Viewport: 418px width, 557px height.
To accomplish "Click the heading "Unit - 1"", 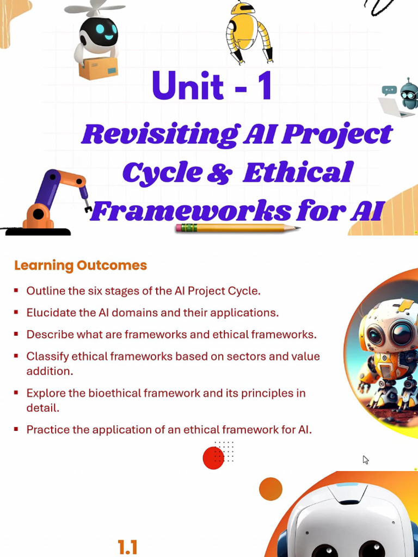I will click(x=212, y=86).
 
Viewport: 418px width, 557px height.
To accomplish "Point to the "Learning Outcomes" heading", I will click(x=81, y=265).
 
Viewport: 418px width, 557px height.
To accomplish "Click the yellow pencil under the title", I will click(x=237, y=228).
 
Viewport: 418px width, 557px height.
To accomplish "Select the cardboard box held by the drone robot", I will click(x=99, y=68).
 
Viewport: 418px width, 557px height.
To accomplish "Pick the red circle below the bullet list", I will click(x=213, y=458).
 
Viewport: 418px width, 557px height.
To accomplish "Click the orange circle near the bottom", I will click(x=271, y=489).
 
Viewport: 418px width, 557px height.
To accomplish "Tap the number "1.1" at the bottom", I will click(x=127, y=547).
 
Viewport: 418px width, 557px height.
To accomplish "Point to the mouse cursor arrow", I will click(x=365, y=460).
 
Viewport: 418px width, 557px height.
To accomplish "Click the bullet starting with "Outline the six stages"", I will click(x=144, y=291).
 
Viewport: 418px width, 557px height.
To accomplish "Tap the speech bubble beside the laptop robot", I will click(x=389, y=90).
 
